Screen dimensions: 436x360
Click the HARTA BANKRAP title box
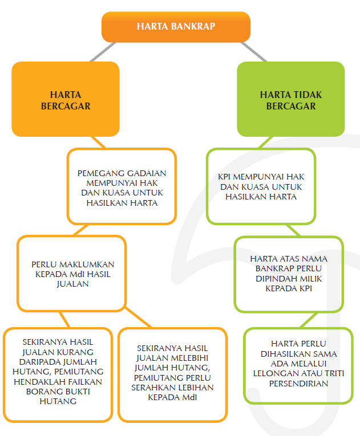(176, 26)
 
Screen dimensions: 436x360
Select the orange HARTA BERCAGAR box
(66, 99)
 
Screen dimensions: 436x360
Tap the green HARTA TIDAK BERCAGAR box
(290, 99)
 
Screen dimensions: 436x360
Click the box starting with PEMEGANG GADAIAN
(122, 187)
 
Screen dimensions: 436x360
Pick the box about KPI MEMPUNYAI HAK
(260, 187)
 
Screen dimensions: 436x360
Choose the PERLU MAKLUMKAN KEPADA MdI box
(72, 274)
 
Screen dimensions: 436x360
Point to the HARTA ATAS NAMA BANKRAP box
(289, 274)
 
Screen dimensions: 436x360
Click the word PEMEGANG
(100, 173)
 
